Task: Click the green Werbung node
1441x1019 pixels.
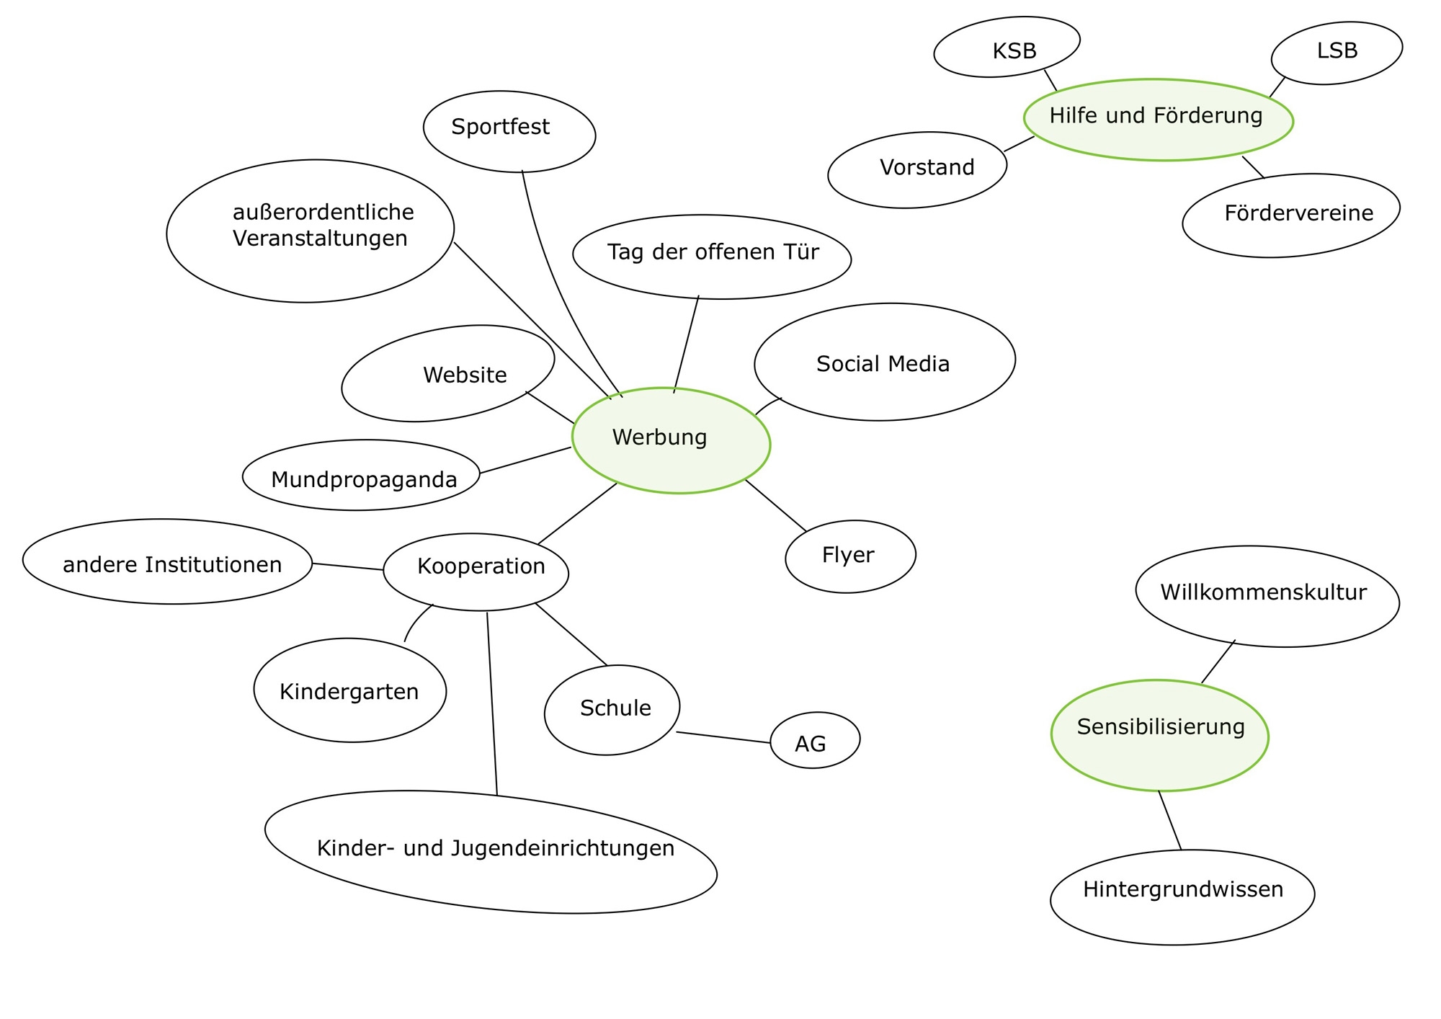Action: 670,440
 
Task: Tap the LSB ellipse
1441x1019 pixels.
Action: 1337,52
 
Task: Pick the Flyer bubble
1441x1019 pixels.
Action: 849,556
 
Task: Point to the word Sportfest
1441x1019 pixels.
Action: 500,127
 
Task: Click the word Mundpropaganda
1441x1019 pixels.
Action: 364,480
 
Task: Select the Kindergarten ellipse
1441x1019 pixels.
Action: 350,690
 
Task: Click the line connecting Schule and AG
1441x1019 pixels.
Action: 723,737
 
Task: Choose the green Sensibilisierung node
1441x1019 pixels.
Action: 1159,735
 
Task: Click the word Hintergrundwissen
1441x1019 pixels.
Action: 1183,889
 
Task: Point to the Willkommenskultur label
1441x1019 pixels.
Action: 1263,592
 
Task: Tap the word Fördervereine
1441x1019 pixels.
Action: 1298,213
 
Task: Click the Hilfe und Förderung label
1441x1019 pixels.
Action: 1156,115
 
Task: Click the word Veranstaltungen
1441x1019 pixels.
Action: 320,239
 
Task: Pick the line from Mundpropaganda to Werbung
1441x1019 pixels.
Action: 525,460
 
